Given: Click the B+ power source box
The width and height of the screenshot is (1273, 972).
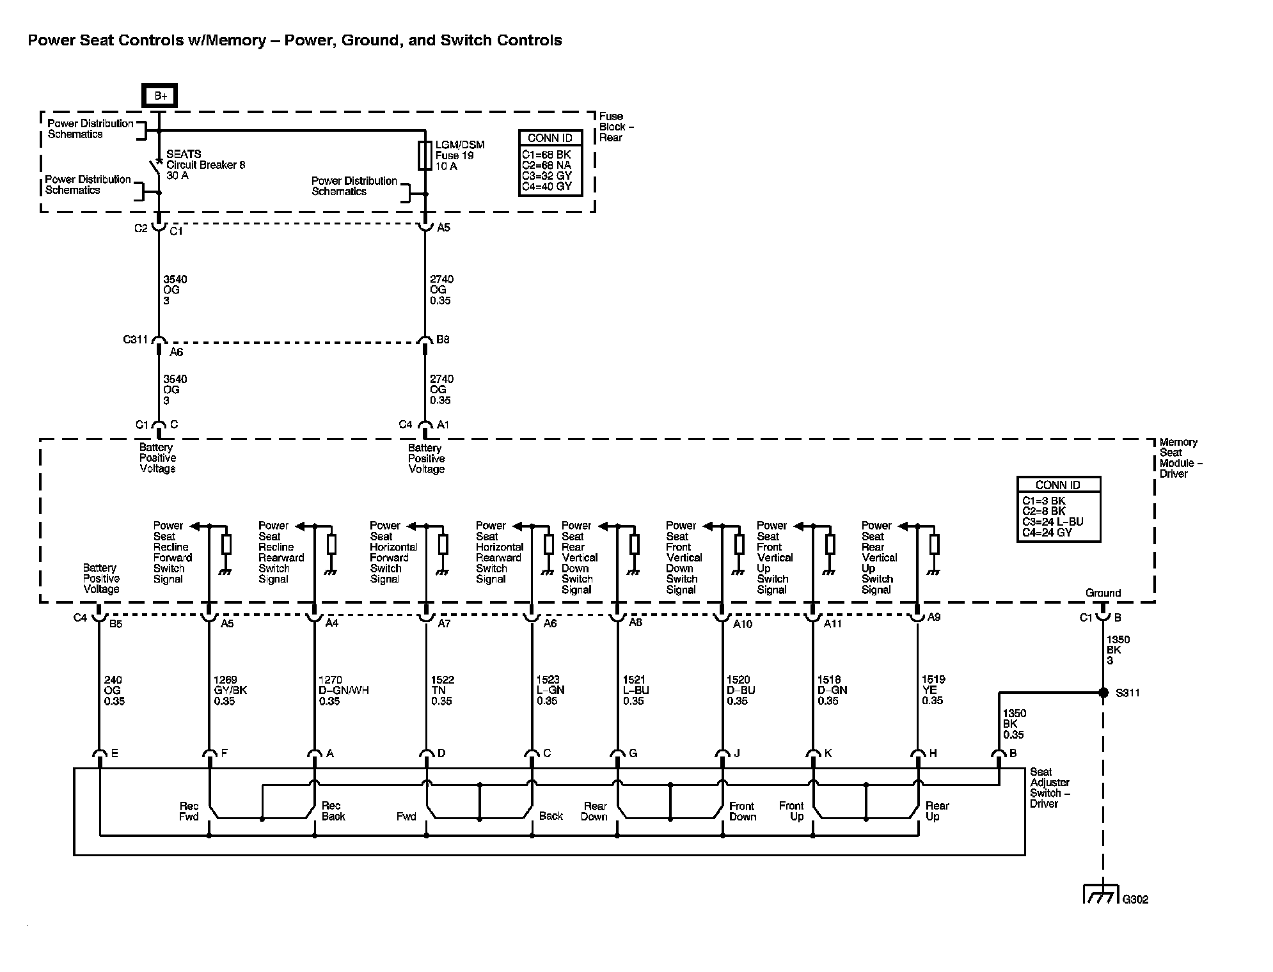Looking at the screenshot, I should click(160, 96).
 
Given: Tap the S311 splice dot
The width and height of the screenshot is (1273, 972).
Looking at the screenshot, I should click(1103, 693).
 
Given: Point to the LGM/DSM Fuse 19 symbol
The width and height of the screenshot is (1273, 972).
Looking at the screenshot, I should click(425, 155).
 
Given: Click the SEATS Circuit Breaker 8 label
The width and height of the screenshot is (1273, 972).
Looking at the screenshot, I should click(205, 164).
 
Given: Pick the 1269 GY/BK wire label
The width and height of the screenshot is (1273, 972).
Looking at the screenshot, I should click(230, 691).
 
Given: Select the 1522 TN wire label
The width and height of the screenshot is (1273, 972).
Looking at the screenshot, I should click(442, 691).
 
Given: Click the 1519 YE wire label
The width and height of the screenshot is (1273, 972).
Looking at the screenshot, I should click(933, 690).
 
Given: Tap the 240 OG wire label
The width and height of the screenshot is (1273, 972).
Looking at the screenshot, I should click(114, 691).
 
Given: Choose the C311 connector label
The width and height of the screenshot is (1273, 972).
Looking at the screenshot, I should click(136, 340).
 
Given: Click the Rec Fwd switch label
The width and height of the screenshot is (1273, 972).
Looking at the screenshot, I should click(189, 811).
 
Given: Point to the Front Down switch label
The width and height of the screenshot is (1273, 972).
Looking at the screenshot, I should click(742, 811).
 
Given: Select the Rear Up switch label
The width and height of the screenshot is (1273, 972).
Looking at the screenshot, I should click(937, 811).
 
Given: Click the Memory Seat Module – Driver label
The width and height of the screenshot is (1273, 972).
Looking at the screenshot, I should click(1180, 458).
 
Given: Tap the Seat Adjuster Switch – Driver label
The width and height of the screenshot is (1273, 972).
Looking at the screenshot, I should click(1049, 787).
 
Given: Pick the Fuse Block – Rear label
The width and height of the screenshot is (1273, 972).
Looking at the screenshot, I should click(615, 127).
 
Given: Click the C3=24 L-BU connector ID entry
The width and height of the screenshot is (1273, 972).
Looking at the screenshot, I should click(1052, 522).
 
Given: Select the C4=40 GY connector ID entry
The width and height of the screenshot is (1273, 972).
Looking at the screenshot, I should click(546, 187).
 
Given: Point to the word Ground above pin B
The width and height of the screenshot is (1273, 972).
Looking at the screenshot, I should click(1103, 593).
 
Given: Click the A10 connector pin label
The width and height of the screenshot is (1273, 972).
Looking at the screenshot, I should click(742, 623).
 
